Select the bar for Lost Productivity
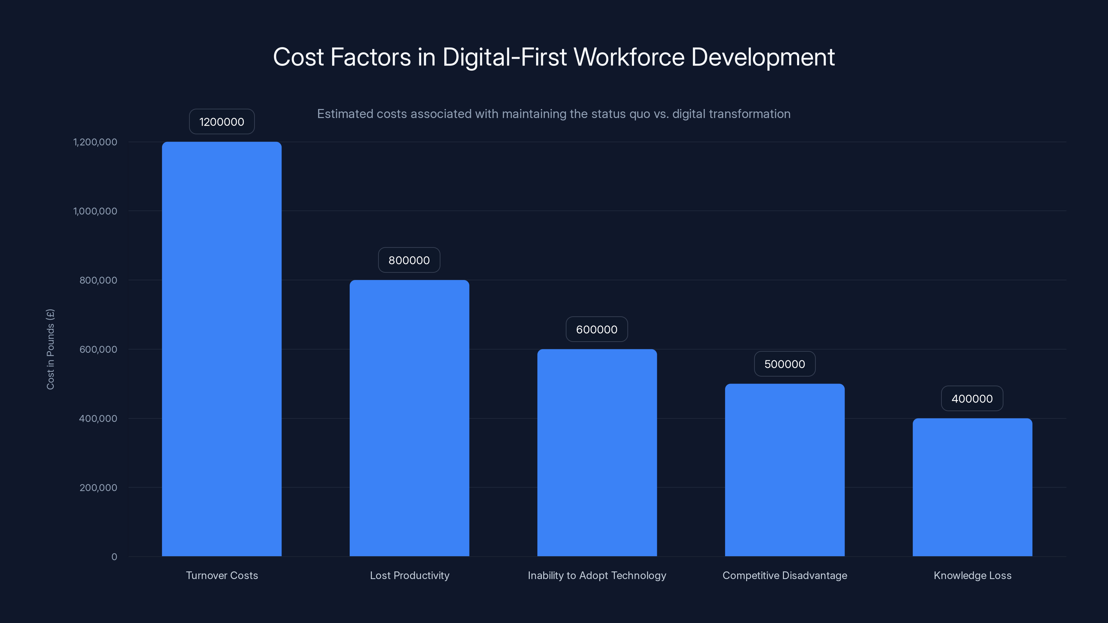click(x=409, y=418)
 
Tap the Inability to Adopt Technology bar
click(x=597, y=452)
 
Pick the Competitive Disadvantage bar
click(x=785, y=470)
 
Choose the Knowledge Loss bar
click(x=972, y=487)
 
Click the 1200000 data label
click(x=222, y=122)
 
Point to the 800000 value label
click(x=409, y=260)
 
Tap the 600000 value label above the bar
click(x=597, y=329)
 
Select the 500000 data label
click(x=785, y=364)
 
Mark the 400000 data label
click(x=972, y=399)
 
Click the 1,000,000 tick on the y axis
click(x=95, y=211)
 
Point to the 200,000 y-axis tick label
click(x=98, y=488)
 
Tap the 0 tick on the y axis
click(x=114, y=557)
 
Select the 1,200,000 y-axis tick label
click(x=95, y=142)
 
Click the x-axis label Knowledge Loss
click(x=973, y=575)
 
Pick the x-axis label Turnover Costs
click(x=222, y=575)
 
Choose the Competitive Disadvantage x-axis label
click(x=785, y=575)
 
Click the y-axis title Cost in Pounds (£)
click(x=50, y=349)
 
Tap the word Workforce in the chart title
click(x=629, y=57)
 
